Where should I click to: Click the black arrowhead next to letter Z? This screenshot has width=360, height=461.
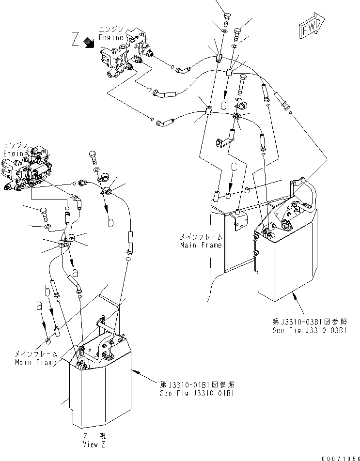[89, 43]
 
